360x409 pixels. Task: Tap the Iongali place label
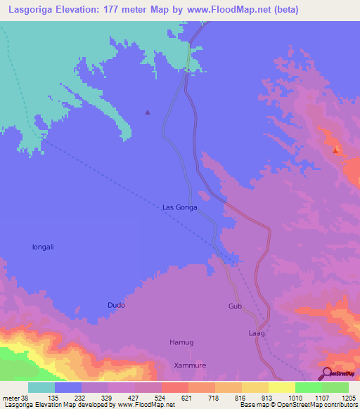coord(44,247)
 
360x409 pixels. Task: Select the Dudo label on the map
coord(116,305)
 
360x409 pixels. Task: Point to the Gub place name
coord(235,306)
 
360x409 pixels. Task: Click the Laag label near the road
coord(257,332)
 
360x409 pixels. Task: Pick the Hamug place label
coord(181,342)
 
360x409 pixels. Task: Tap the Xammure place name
coord(188,366)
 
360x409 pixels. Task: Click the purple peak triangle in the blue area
coord(148,112)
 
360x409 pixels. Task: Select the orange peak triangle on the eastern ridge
coord(336,149)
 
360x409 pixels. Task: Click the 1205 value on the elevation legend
coord(349,397)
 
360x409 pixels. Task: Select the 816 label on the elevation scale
coord(241,397)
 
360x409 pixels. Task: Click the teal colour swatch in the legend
coord(41,387)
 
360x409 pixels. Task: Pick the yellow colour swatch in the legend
coord(281,387)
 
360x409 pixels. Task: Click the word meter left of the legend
coord(11,397)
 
